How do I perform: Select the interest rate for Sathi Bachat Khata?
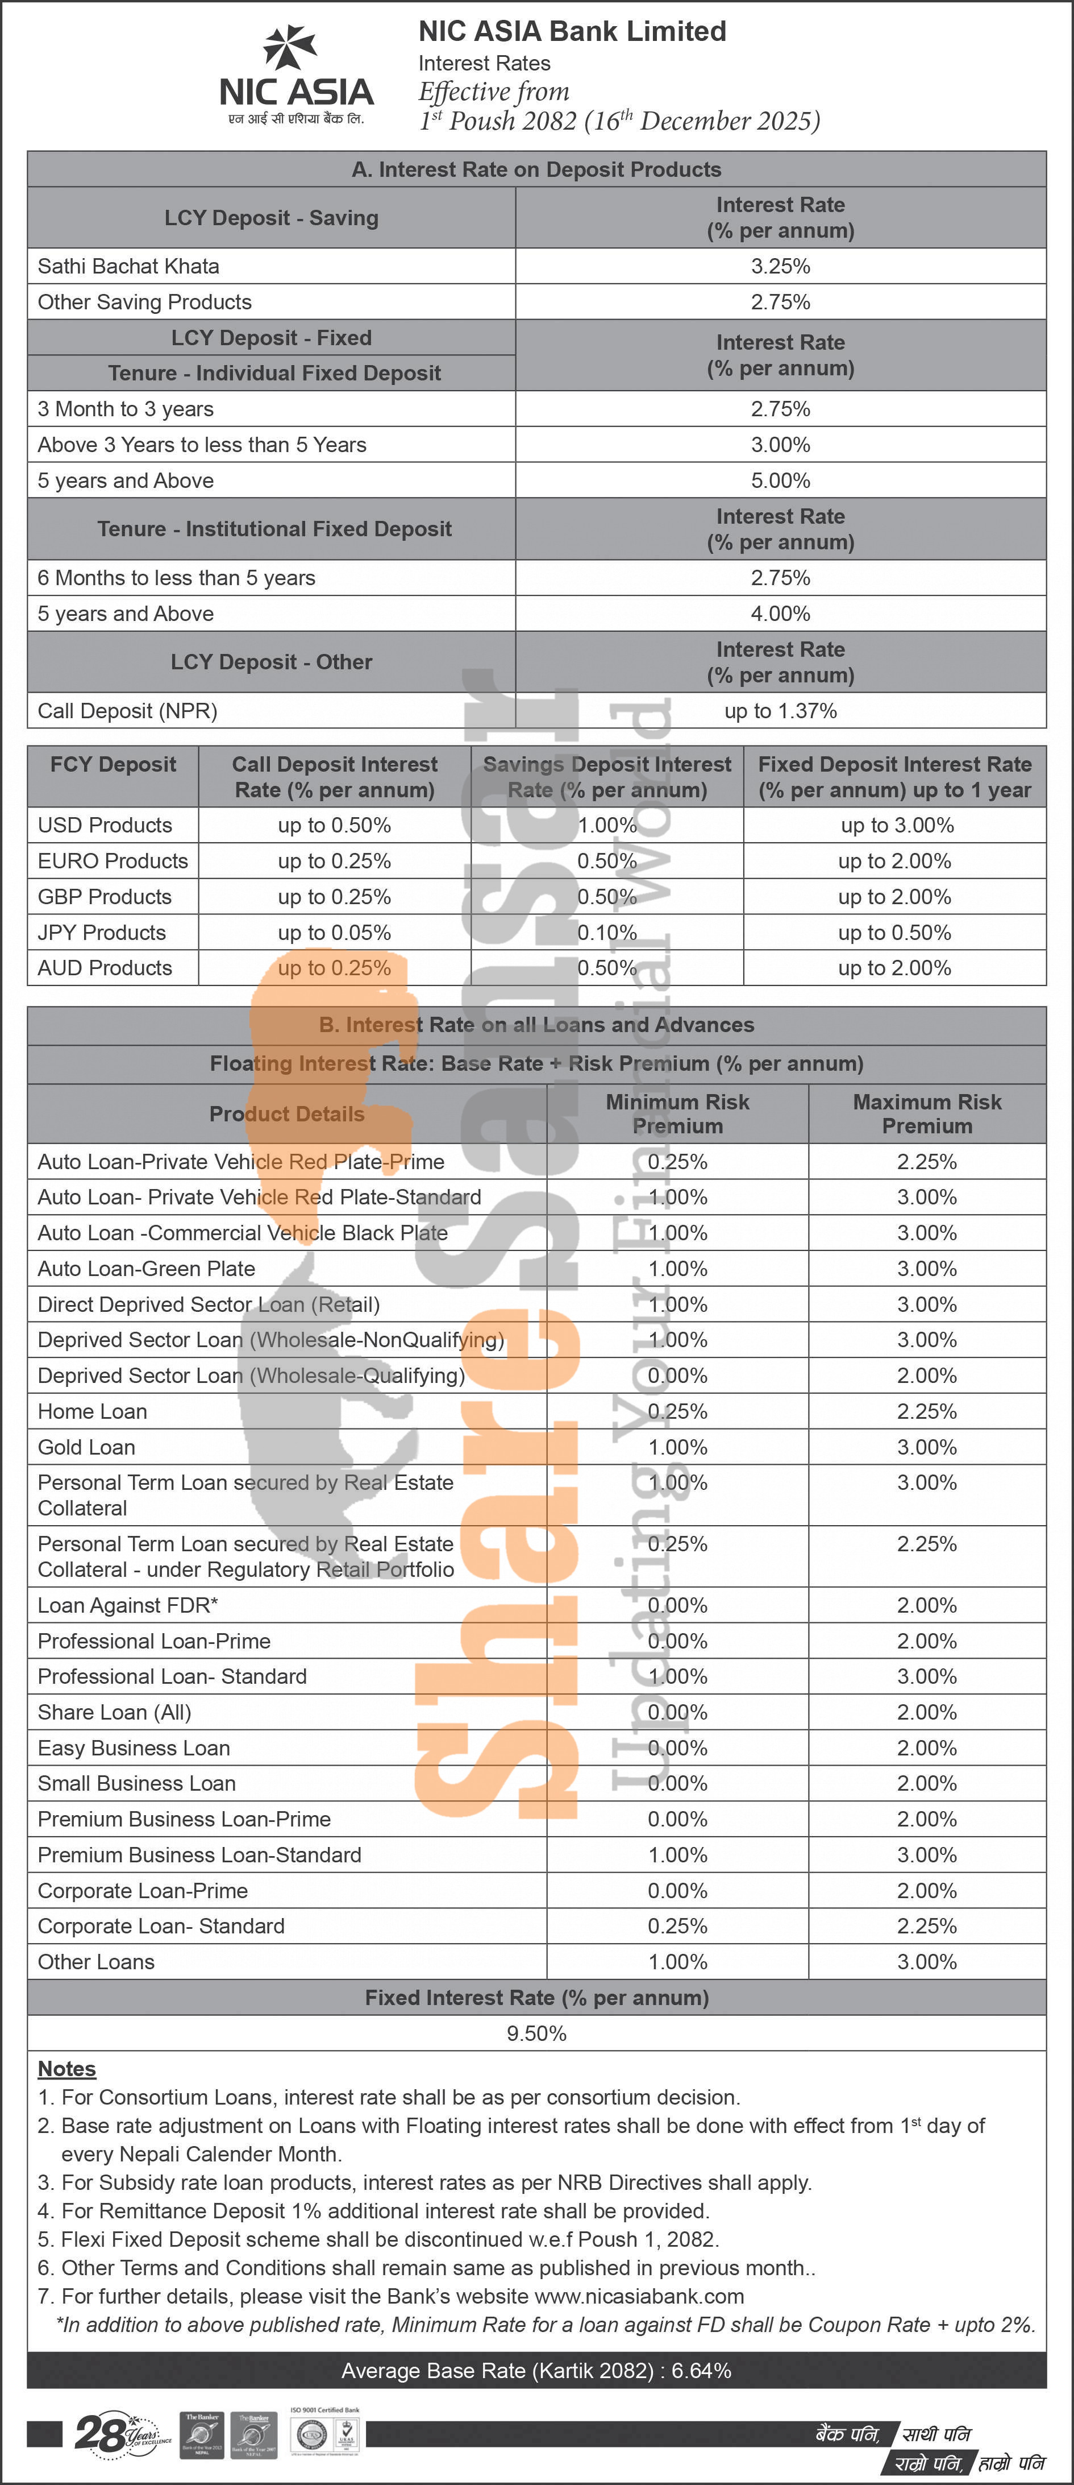780,266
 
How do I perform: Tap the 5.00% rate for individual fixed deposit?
780,481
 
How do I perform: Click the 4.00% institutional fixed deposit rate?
780,614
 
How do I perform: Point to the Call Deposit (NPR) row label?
127,711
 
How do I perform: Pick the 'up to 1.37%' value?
780,711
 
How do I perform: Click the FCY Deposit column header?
113,765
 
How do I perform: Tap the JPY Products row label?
102,933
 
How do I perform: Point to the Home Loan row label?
93,1411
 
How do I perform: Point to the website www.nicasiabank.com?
638,2296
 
